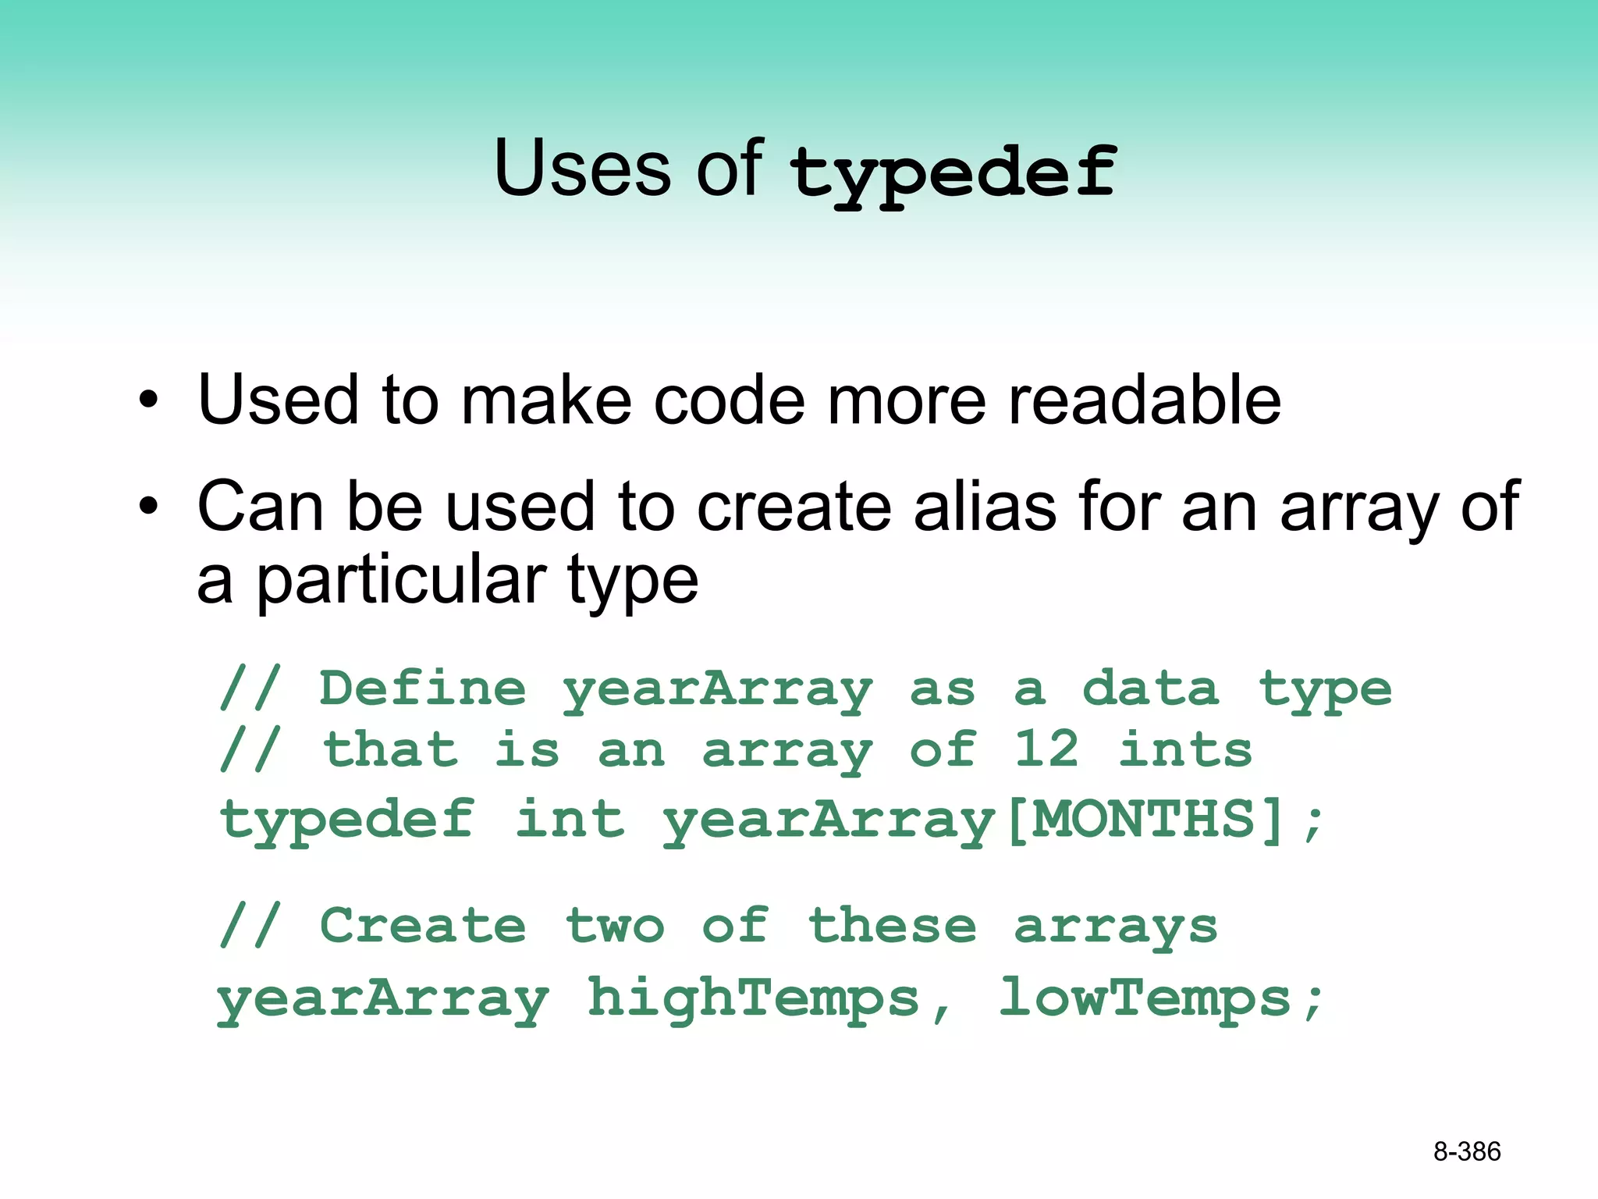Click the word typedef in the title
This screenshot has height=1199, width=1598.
point(953,173)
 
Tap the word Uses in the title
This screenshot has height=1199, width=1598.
point(582,167)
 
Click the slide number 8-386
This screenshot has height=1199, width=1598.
point(1466,1151)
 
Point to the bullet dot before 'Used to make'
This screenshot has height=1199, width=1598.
point(148,401)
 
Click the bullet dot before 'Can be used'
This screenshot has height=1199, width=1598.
point(148,508)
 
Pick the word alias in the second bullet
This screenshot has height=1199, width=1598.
point(983,507)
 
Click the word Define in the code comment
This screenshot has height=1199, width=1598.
point(422,688)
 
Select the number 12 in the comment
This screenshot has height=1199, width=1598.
point(1046,749)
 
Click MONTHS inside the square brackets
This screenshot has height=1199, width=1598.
point(1143,820)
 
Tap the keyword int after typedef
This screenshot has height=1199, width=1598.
point(570,820)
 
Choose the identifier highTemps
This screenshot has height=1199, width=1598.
point(753,998)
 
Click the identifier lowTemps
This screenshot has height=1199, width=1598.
point(1145,998)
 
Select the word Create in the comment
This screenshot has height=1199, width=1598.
point(422,926)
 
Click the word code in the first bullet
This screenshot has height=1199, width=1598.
point(728,400)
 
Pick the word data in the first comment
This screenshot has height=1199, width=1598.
point(1149,688)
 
